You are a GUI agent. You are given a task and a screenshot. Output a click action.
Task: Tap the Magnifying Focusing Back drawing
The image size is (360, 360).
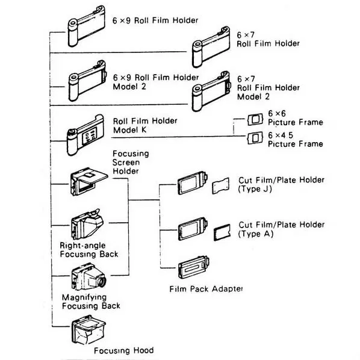89,278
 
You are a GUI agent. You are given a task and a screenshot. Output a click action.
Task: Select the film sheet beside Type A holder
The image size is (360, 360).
222,231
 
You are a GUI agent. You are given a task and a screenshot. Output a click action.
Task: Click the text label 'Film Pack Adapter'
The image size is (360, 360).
206,289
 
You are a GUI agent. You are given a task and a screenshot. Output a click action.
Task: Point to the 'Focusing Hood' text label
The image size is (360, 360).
123,350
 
